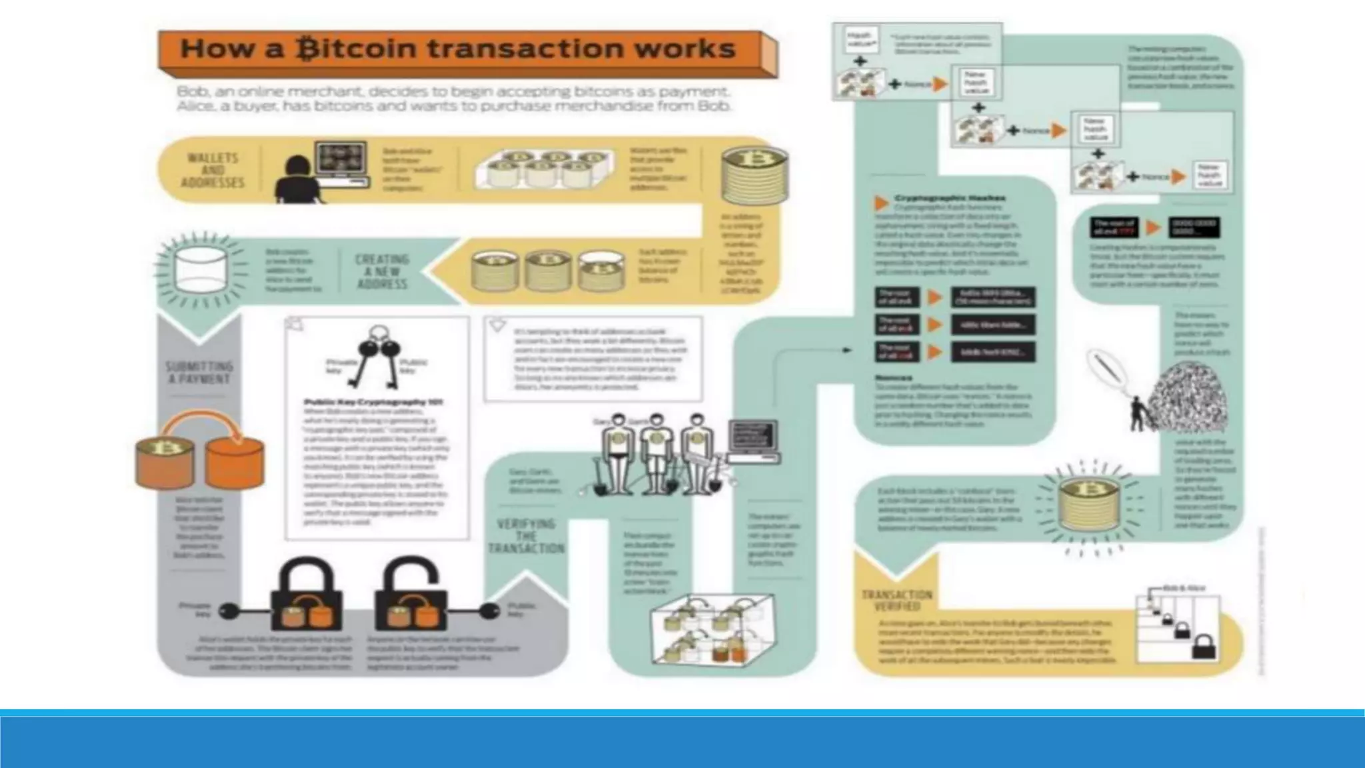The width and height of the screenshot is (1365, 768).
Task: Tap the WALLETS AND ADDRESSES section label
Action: pyautogui.click(x=213, y=170)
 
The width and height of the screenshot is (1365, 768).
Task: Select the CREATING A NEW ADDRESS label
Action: pyautogui.click(x=382, y=271)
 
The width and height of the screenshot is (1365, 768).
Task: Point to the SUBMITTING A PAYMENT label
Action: pyautogui.click(x=199, y=373)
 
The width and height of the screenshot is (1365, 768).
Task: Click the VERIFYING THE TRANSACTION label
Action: pyautogui.click(x=527, y=536)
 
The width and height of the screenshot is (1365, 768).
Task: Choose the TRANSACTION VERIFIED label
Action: pyautogui.click(x=896, y=600)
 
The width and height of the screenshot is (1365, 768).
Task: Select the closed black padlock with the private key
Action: pyautogui.click(x=307, y=597)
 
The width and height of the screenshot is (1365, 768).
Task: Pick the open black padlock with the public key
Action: pyautogui.click(x=411, y=597)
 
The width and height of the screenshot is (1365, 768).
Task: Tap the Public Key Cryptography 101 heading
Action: pyautogui.click(x=373, y=402)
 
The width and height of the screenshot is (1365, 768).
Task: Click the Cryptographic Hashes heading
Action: pyautogui.click(x=949, y=198)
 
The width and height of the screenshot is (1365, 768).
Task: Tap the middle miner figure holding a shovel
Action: pyautogui.click(x=656, y=453)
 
